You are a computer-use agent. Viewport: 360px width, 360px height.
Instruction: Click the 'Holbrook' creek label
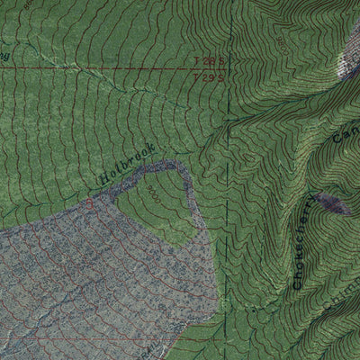coord(127,165)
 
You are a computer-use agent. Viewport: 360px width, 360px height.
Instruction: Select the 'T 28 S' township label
coord(208,61)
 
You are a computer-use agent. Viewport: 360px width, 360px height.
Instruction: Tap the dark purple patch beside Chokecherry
coord(333,203)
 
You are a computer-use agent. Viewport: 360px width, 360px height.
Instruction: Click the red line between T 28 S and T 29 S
coord(135,68)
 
